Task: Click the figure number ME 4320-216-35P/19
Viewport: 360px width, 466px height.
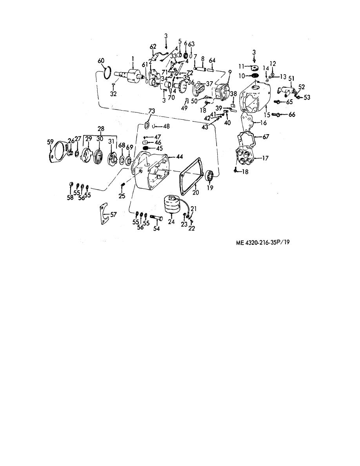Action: (262, 242)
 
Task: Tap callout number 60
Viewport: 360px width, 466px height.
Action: (101, 61)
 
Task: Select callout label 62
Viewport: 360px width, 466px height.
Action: (153, 47)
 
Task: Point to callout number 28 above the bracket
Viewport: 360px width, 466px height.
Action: (101, 129)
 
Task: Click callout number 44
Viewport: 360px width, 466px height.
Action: (179, 157)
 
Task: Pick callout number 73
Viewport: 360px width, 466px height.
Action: (151, 111)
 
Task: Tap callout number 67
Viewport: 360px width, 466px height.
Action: (265, 137)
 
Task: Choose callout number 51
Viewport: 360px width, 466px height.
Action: (291, 78)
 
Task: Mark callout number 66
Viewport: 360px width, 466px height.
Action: (292, 115)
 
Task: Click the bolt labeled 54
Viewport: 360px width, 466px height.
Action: (156, 219)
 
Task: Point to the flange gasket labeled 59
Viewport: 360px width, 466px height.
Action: (58, 152)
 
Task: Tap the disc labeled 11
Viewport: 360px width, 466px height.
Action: (254, 67)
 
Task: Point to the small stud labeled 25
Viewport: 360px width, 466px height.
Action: (122, 186)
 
